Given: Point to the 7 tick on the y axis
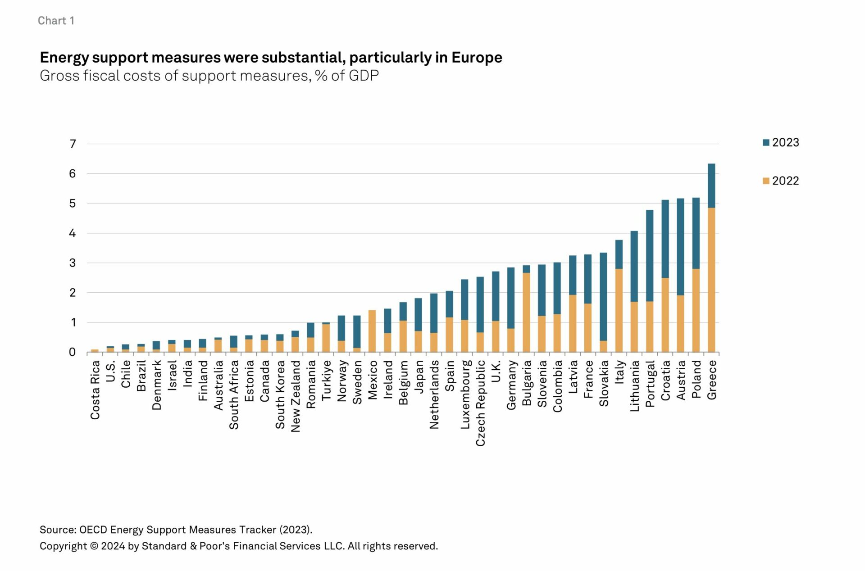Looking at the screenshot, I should tap(73, 144).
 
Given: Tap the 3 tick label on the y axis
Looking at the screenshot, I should tap(73, 263).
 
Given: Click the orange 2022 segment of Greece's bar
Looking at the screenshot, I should tap(711, 279).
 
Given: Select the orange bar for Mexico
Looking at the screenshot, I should tap(372, 331).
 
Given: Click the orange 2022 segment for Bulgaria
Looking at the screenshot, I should tap(526, 313).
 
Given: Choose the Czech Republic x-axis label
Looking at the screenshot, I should tap(481, 403).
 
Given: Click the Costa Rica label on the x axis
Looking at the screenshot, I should tap(95, 390).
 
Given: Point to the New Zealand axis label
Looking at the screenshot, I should tap(296, 396).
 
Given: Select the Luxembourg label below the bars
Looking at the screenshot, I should tap(465, 394).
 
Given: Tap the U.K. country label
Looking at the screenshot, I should tap(496, 371).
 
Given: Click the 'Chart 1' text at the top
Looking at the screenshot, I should tap(56, 21).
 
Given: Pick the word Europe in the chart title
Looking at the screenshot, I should tap(477, 58).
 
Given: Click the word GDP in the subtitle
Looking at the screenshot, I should tap(363, 76).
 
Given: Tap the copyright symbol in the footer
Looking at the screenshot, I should tap(94, 546).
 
